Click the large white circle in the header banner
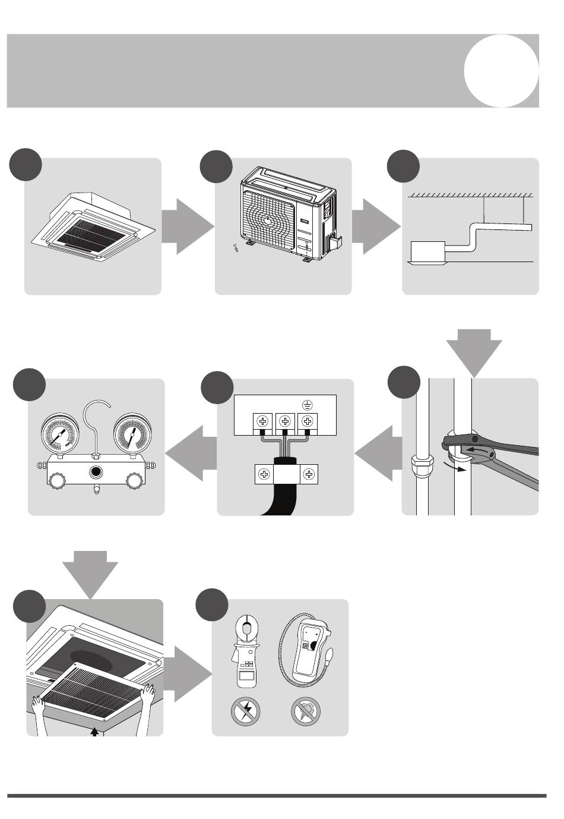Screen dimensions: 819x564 pyautogui.click(x=502, y=71)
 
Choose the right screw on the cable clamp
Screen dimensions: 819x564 pyautogui.click(x=308, y=474)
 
